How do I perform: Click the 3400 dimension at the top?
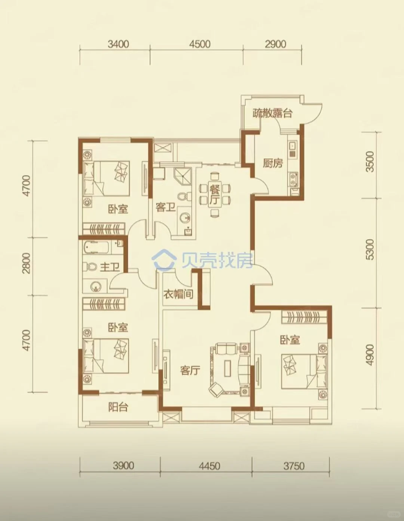[x=118, y=44]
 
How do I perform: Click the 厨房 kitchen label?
[x=273, y=163]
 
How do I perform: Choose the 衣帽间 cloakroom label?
[x=178, y=294]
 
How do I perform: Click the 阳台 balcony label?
[x=118, y=407]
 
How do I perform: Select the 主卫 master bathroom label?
[x=110, y=267]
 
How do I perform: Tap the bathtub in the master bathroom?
[x=97, y=247]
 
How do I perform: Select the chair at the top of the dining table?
[x=214, y=176]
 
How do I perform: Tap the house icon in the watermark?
[x=164, y=259]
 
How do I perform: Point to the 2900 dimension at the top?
[x=276, y=44]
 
